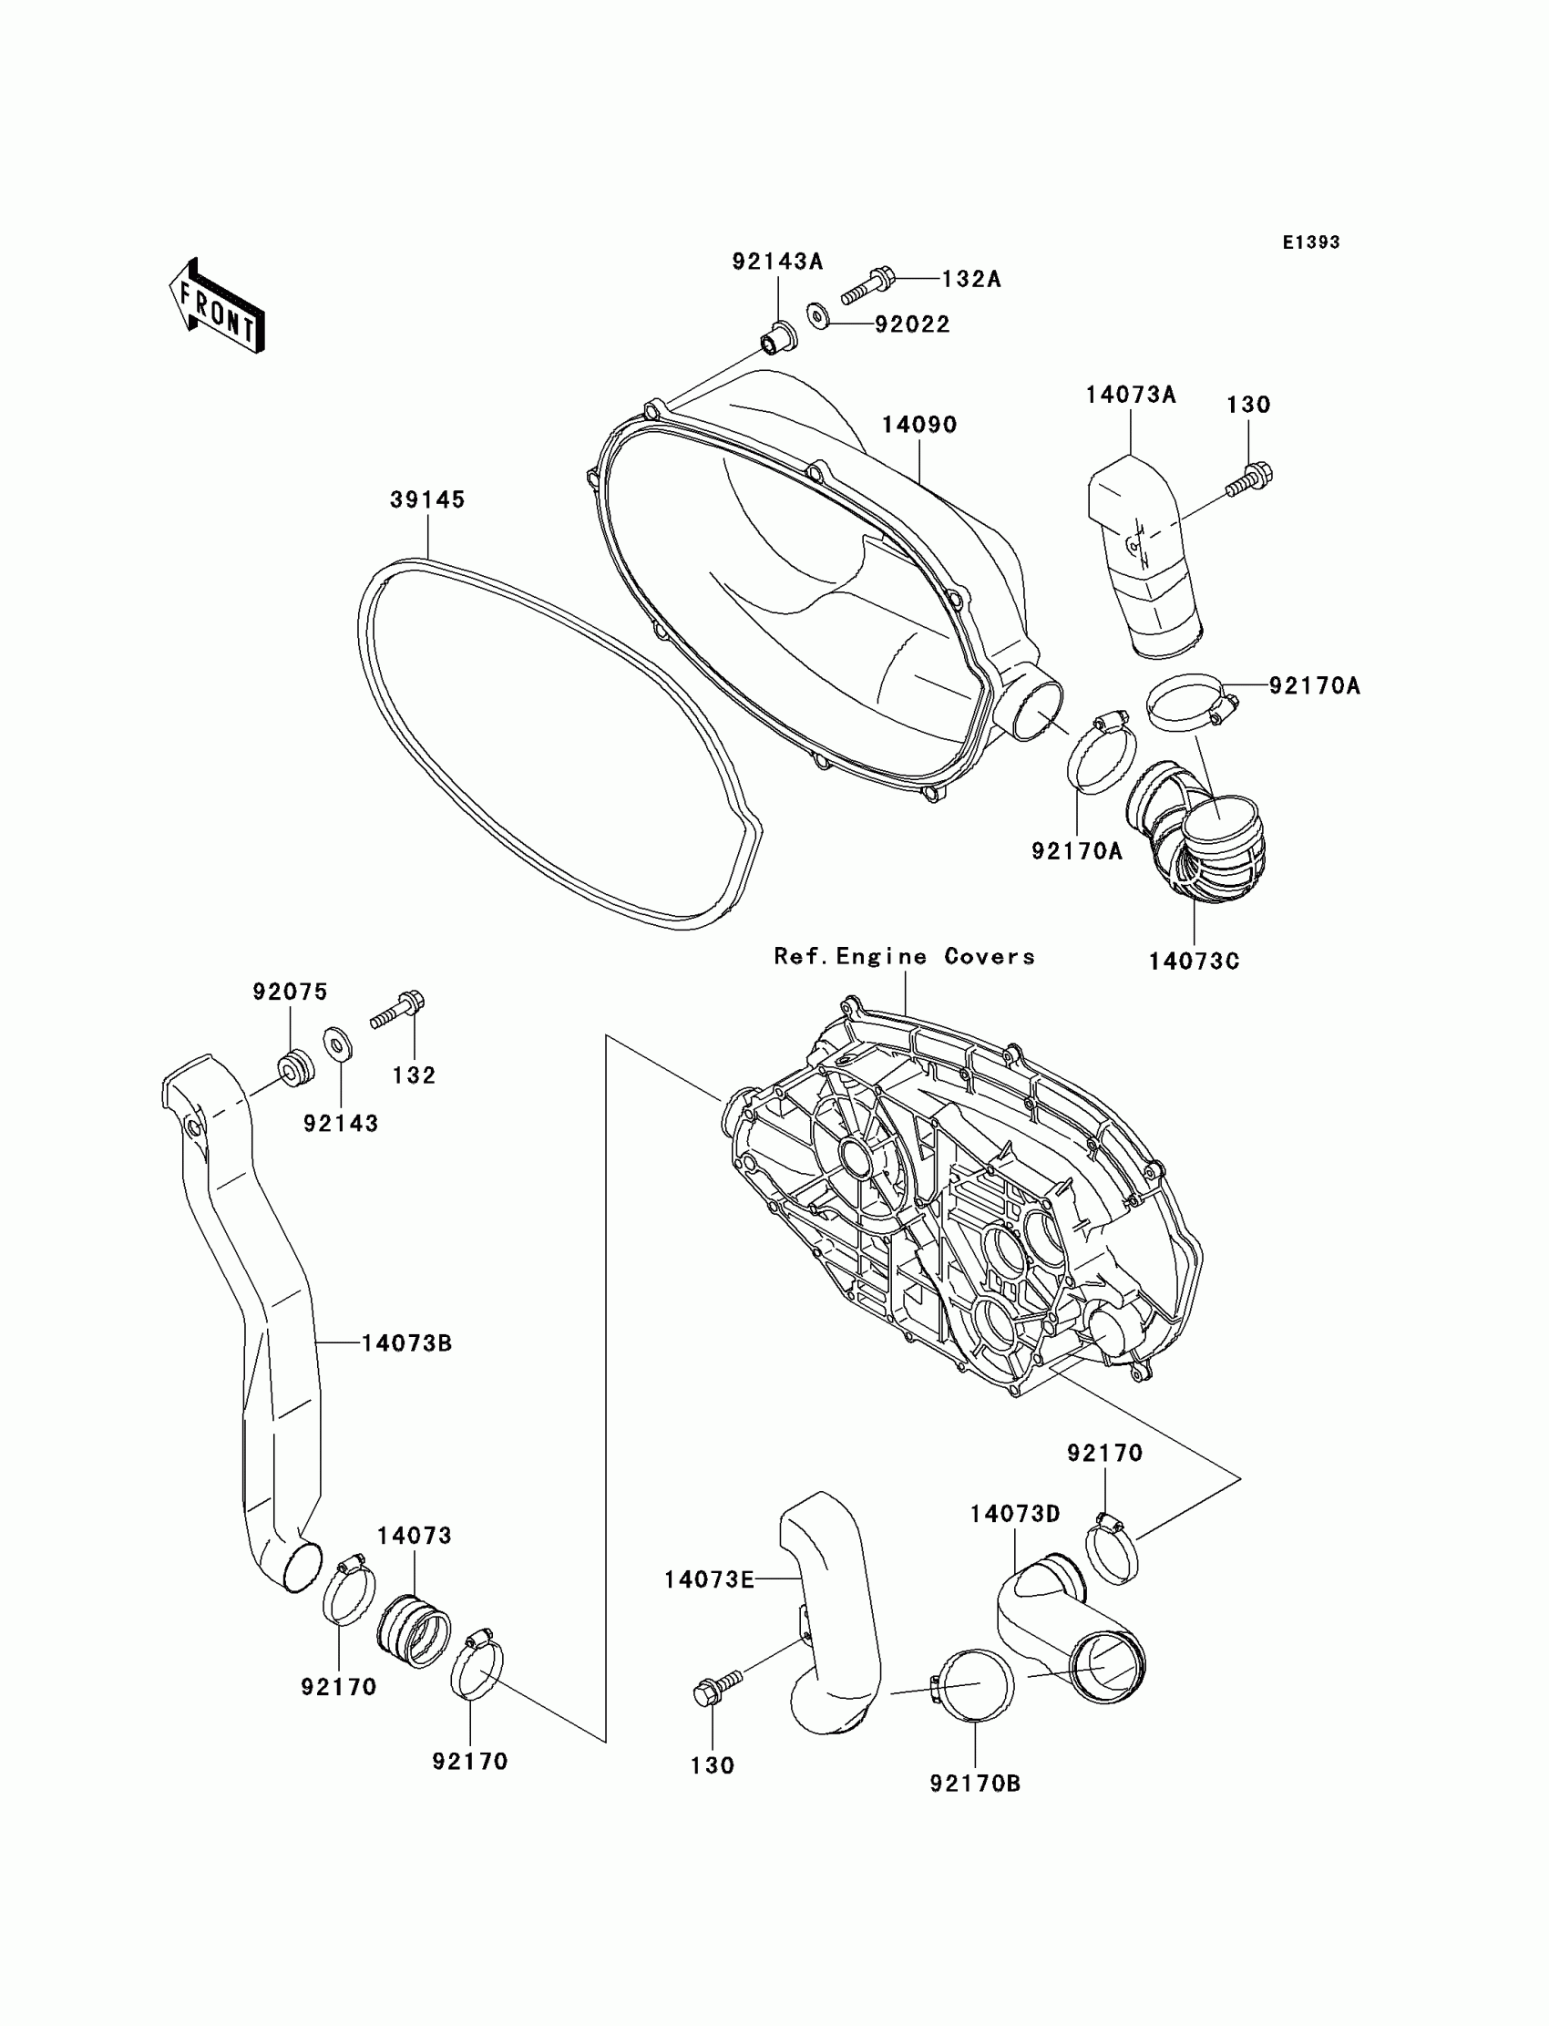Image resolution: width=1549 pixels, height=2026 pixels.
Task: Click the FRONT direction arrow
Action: pyautogui.click(x=218, y=306)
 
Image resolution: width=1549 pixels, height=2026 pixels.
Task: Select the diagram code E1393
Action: pyautogui.click(x=1311, y=242)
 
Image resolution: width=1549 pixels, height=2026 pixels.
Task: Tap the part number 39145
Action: pyautogui.click(x=427, y=499)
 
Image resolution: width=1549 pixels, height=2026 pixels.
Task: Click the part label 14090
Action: pyautogui.click(x=919, y=425)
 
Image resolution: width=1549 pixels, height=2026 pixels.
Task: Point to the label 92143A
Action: pyautogui.click(x=777, y=262)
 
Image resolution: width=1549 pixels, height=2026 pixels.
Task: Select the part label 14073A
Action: pyautogui.click(x=1131, y=395)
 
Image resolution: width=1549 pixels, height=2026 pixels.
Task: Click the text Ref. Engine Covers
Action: pyautogui.click(x=904, y=956)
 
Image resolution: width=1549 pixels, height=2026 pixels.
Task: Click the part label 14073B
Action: pyautogui.click(x=405, y=1343)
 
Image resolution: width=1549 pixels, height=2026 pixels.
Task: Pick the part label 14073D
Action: pyautogui.click(x=1014, y=1514)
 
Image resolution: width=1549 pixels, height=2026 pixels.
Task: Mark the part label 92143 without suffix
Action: pyautogui.click(x=341, y=1123)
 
